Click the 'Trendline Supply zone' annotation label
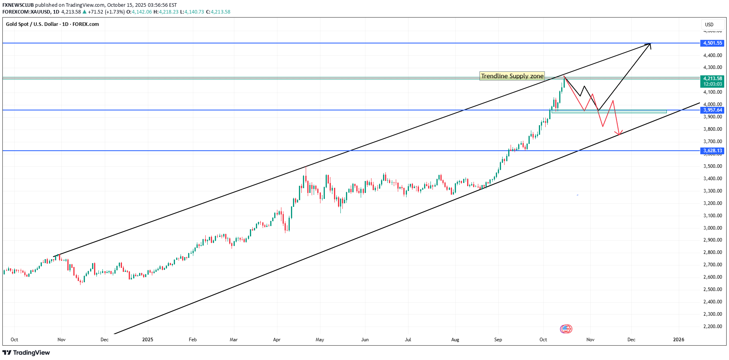click(x=512, y=76)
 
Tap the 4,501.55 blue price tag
click(x=712, y=43)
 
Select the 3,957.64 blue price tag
click(x=712, y=110)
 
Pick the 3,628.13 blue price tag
click(x=712, y=151)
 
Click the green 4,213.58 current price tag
click(x=712, y=79)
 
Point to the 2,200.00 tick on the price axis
click(x=713, y=327)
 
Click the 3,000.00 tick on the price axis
click(x=713, y=228)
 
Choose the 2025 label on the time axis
click(x=147, y=340)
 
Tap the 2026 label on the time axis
click(x=678, y=340)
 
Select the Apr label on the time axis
click(x=277, y=340)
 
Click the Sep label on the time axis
click(x=498, y=340)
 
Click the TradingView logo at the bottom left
click(x=26, y=353)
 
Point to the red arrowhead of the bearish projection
click(x=619, y=133)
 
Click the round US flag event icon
click(x=566, y=329)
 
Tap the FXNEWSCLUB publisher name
click(x=18, y=5)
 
